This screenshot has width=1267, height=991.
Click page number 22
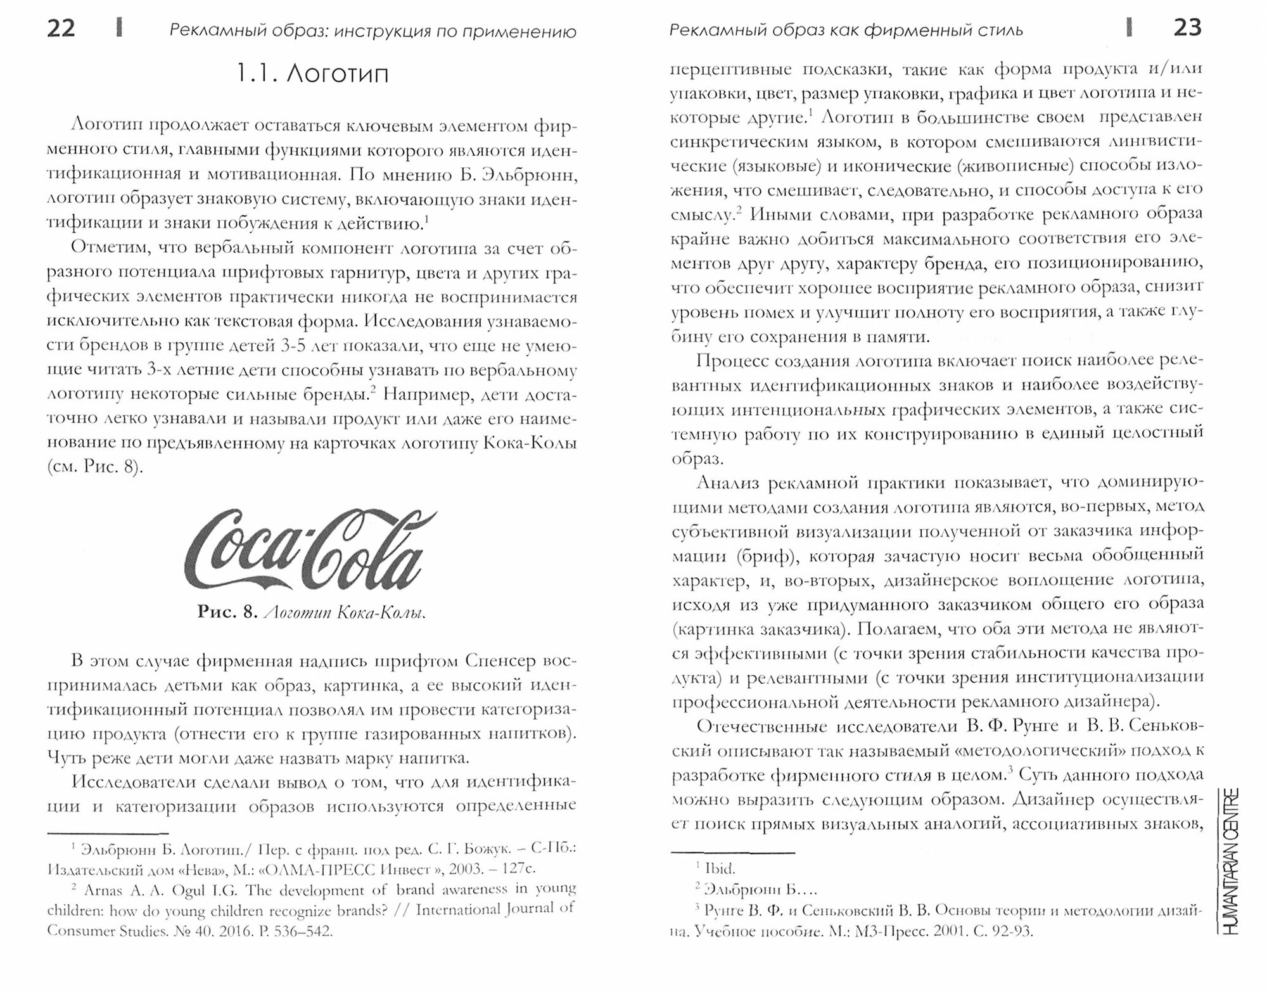point(61,29)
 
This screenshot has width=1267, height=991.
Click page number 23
point(1187,29)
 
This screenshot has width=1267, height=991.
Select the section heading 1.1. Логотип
point(312,75)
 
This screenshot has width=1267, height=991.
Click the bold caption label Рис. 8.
point(226,612)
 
